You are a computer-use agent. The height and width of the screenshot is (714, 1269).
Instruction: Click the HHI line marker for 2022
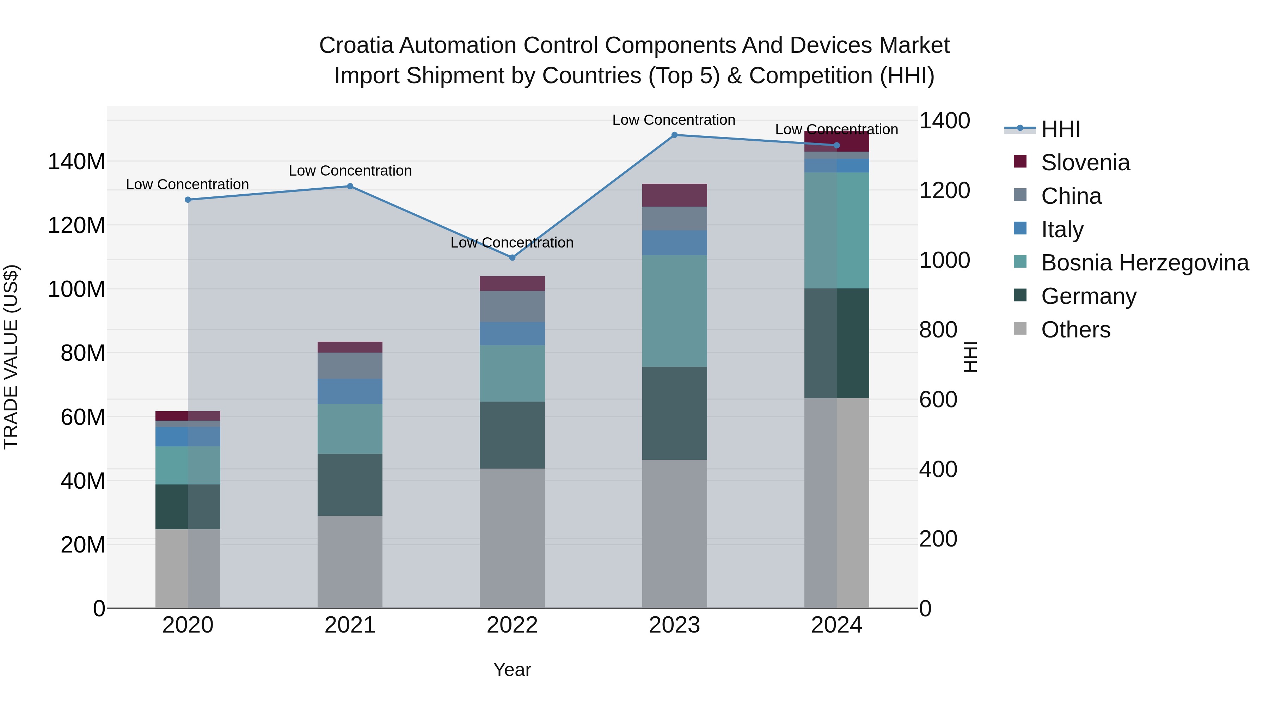(x=512, y=258)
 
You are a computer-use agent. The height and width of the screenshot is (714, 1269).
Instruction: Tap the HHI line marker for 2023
(x=674, y=135)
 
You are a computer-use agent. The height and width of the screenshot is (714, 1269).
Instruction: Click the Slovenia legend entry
(x=1085, y=163)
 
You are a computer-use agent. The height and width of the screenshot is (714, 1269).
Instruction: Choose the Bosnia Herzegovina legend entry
(x=1144, y=263)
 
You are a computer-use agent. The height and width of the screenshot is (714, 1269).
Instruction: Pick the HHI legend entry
(x=1061, y=129)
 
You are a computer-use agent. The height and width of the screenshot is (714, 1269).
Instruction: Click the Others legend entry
(x=1075, y=330)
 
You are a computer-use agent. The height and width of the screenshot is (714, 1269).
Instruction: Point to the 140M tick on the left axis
(x=76, y=161)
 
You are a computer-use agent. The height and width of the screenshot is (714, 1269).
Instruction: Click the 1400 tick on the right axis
(x=944, y=121)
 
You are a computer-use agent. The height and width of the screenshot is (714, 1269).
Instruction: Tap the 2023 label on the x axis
(x=674, y=625)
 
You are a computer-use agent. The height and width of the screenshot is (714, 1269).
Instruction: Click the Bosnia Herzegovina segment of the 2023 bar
(x=674, y=311)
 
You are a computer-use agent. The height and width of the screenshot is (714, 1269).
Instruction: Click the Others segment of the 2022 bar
(x=512, y=538)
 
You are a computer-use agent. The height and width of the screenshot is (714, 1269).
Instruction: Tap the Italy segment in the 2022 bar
(x=512, y=334)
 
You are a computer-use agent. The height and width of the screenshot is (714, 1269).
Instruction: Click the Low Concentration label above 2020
(x=187, y=184)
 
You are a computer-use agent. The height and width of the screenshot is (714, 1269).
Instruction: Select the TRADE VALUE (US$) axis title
(x=11, y=357)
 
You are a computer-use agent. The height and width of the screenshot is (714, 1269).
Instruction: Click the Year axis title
(x=512, y=670)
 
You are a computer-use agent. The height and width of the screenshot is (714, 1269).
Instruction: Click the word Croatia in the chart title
(x=356, y=45)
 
